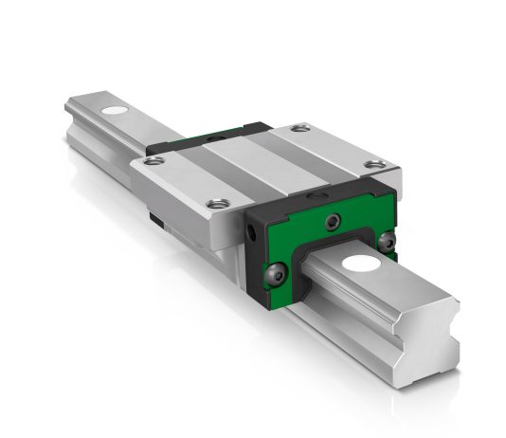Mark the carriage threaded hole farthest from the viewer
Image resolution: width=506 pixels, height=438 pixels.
coord(301,128)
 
